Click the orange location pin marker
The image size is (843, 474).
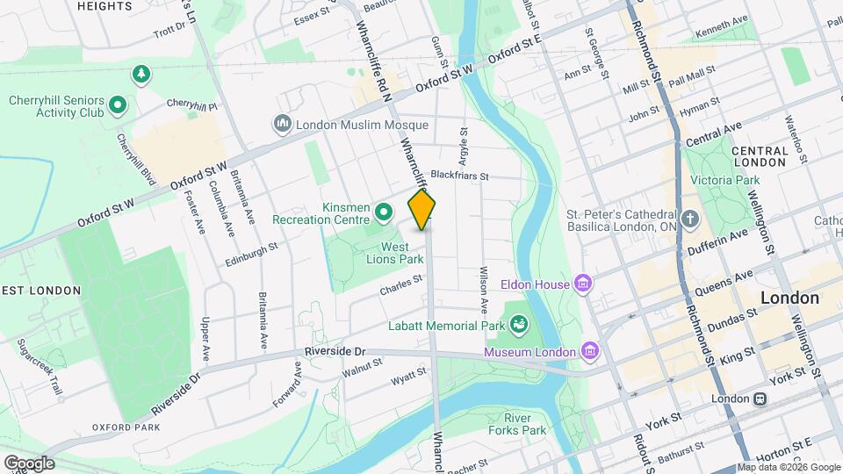point(422,211)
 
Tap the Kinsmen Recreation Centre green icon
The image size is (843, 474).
point(383,212)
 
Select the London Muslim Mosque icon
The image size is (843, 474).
point(283,124)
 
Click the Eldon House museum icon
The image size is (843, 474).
point(581,283)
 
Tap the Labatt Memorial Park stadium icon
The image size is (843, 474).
point(519,326)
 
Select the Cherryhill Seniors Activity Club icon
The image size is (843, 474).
point(119,107)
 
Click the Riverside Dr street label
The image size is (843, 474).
point(335,351)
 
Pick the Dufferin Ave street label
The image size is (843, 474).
point(728,234)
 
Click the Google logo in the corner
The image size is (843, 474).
point(28,463)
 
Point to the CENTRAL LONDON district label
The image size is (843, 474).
point(759,156)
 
